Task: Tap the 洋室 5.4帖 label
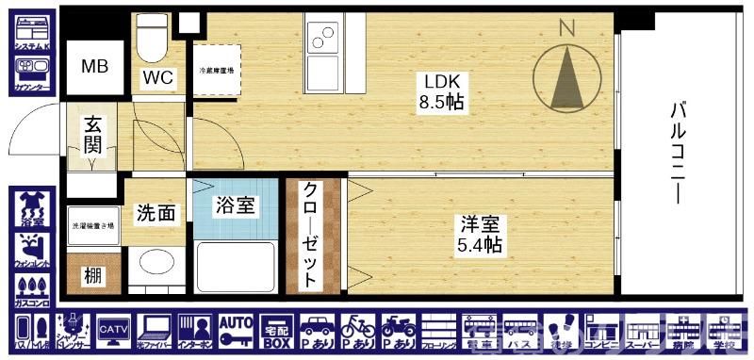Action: (x=481, y=235)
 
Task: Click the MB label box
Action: (x=94, y=67)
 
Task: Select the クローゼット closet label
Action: (x=310, y=236)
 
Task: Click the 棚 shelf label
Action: (x=93, y=276)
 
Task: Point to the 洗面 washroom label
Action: (x=156, y=214)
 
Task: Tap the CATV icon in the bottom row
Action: (x=113, y=330)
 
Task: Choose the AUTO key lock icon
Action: (x=235, y=330)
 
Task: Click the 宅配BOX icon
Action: (x=276, y=330)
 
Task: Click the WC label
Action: (x=157, y=78)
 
